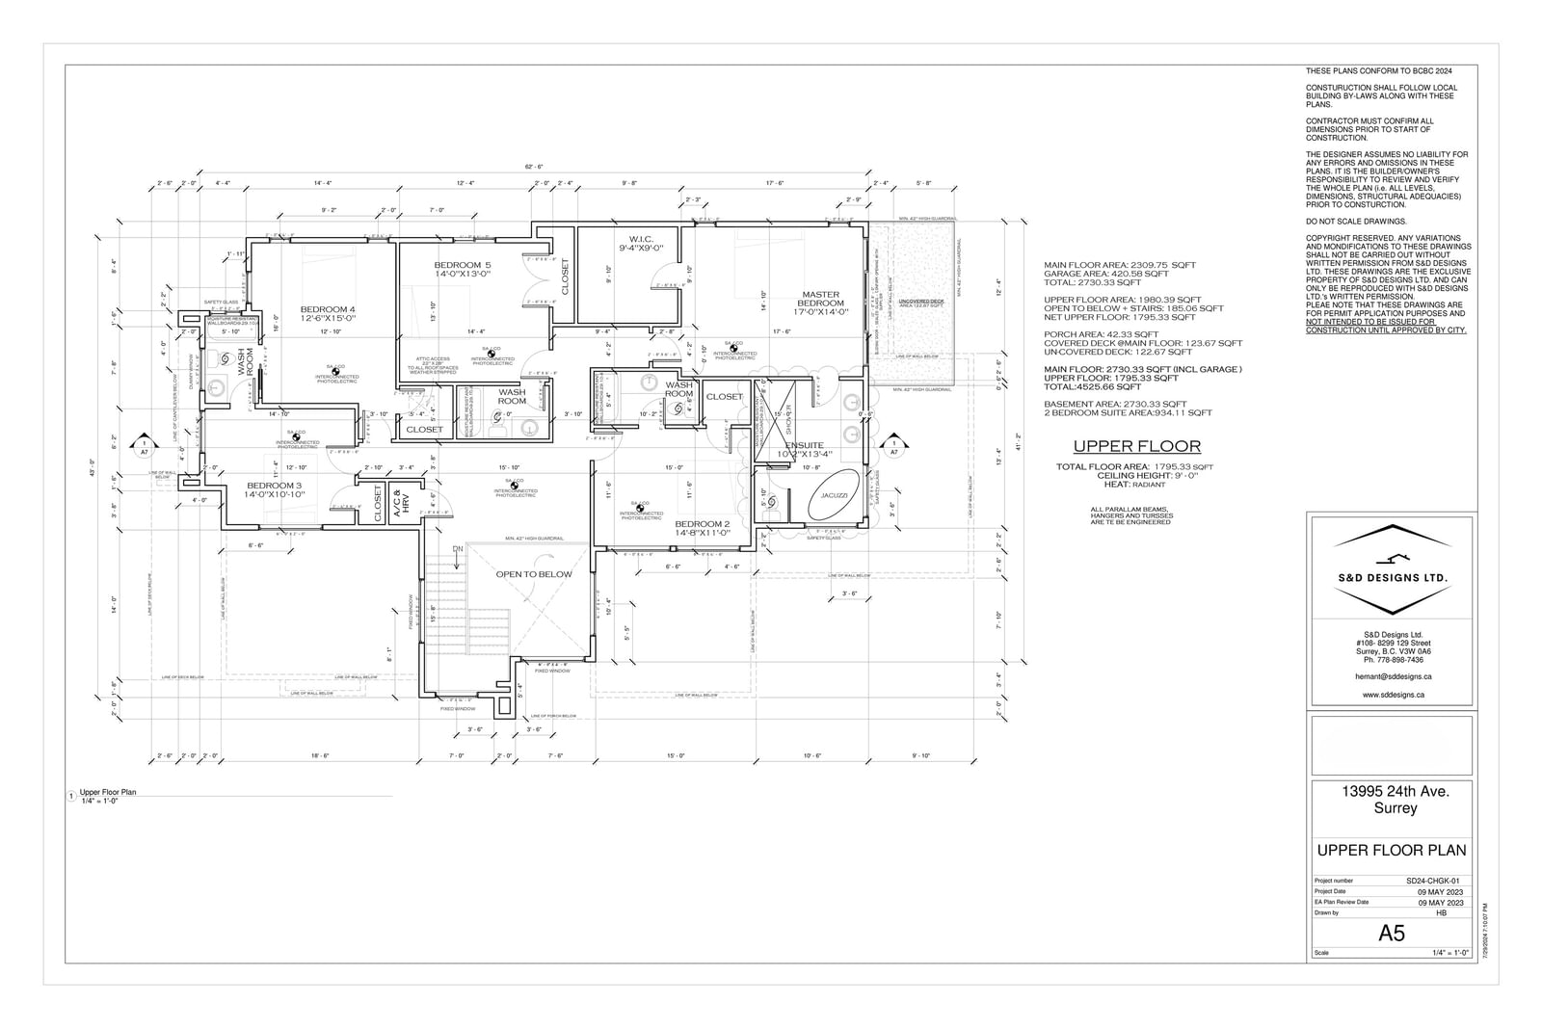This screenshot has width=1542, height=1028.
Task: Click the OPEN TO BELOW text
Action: pyautogui.click(x=533, y=574)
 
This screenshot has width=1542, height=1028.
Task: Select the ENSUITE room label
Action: pyautogui.click(x=804, y=446)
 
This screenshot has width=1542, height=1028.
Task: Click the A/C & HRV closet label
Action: pyautogui.click(x=405, y=503)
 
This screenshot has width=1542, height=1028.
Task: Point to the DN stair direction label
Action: pyautogui.click(x=458, y=549)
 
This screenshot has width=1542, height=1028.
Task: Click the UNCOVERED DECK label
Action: pyautogui.click(x=921, y=302)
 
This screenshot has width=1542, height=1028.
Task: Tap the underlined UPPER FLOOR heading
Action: pyautogui.click(x=1136, y=446)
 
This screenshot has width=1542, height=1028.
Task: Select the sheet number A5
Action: pyautogui.click(x=1391, y=933)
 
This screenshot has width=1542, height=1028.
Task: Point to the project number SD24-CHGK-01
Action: pyautogui.click(x=1433, y=881)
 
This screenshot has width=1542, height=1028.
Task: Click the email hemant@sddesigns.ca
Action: pyautogui.click(x=1393, y=677)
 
